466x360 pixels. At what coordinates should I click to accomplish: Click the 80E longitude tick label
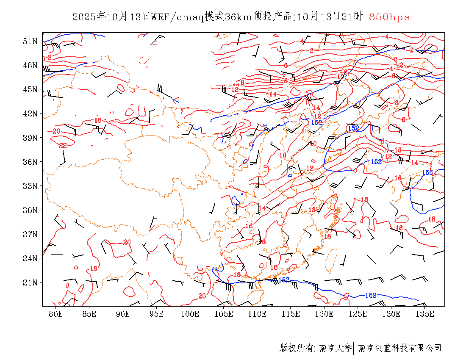tap(56, 314)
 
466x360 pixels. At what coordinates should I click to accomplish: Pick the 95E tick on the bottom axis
tap(156, 314)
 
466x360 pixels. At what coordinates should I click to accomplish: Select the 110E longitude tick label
tap(257, 314)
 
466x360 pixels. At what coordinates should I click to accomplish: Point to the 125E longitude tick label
tap(358, 314)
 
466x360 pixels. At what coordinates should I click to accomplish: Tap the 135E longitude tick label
tap(425, 314)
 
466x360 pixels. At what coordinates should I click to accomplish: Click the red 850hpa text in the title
tap(389, 17)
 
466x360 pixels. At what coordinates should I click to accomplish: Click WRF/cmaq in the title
tap(177, 17)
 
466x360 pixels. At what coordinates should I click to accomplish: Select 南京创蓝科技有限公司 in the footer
tap(399, 348)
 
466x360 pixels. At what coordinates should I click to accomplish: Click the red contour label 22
tap(63, 145)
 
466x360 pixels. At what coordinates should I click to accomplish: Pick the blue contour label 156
tap(427, 172)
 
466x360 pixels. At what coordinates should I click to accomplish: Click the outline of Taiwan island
tap(331, 260)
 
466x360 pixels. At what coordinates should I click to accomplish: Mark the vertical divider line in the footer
tap(354, 348)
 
